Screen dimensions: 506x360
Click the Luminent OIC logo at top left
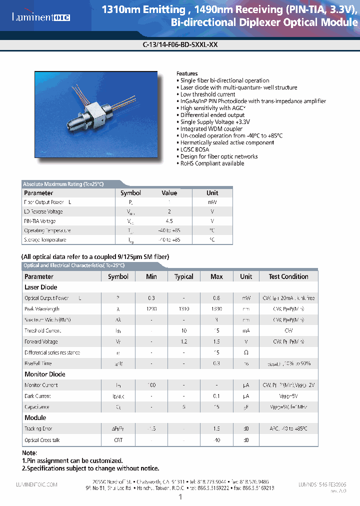coord(41,17)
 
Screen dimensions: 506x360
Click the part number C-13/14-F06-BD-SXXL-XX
coord(180,44)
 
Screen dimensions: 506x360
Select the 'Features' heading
coord(187,73)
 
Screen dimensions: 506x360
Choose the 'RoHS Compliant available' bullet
coord(212,163)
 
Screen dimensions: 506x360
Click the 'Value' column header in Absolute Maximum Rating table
coord(169,193)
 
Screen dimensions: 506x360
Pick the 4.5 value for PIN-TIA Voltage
coord(169,221)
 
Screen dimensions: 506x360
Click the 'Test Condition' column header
coord(288,276)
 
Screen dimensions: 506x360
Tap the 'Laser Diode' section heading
coord(41,287)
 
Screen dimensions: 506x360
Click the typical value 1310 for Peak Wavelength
coord(184,309)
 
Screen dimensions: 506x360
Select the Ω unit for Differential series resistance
coord(246,352)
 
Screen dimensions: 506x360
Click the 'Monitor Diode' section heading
coord(45,374)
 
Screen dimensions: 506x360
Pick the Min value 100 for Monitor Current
coord(151,385)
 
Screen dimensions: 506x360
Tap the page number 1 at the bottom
coord(180,497)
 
